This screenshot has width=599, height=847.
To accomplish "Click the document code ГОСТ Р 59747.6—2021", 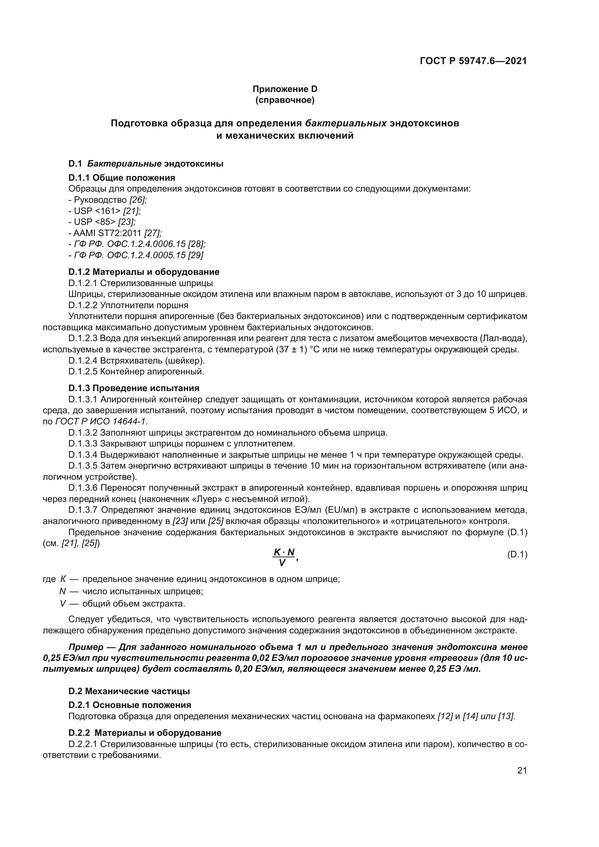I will click(x=473, y=61).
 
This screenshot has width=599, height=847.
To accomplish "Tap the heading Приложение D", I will click(x=285, y=89).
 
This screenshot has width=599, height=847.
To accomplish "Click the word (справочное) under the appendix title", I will click(x=285, y=100).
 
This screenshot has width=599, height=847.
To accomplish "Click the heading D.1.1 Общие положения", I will click(x=122, y=178).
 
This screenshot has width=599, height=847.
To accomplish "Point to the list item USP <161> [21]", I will click(x=104, y=211).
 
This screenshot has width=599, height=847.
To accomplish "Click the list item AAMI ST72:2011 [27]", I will click(x=115, y=233).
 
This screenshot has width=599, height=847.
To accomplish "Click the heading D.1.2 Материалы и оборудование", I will click(x=144, y=272).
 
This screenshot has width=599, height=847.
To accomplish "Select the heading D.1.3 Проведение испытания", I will click(x=134, y=388).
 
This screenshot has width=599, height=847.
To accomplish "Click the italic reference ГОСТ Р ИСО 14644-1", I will click(x=100, y=421).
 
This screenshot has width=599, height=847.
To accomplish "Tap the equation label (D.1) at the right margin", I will click(x=517, y=554).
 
